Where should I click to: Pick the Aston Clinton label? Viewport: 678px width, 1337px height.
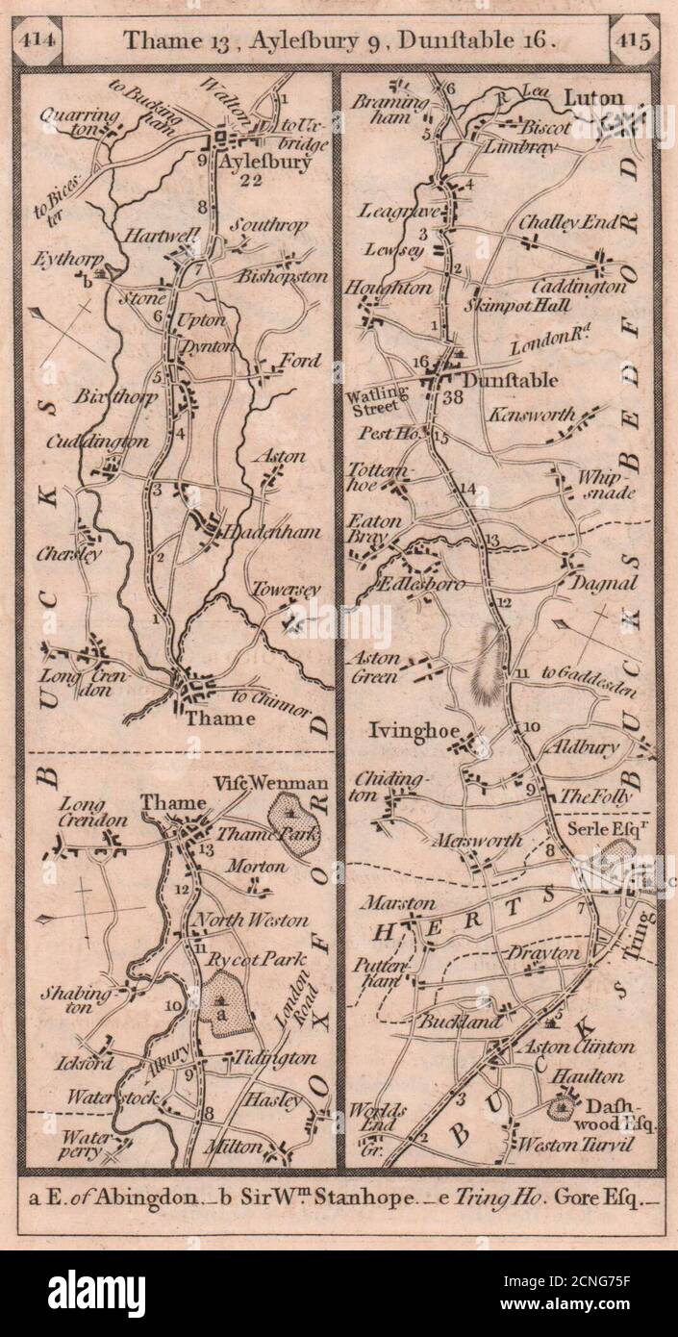click(573, 1047)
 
